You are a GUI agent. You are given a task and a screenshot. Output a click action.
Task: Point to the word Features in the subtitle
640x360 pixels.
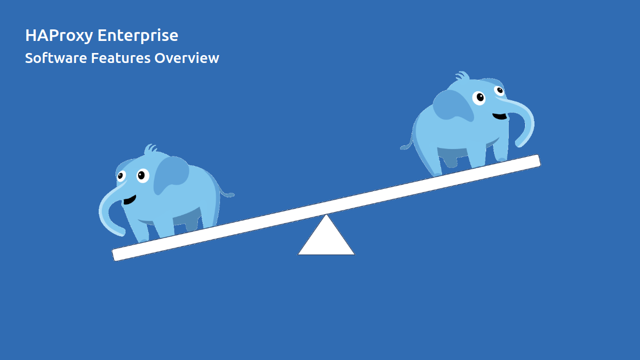[121, 58]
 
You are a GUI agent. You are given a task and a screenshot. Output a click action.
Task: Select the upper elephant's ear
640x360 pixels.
[454, 105]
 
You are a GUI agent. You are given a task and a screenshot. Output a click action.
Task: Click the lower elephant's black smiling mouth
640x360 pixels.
[129, 200]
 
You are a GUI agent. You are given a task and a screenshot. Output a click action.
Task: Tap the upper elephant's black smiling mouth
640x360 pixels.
[500, 116]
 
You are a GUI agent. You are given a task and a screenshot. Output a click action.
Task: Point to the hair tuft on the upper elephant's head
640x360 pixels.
[462, 76]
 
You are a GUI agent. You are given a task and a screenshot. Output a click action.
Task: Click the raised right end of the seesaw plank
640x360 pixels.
[533, 161]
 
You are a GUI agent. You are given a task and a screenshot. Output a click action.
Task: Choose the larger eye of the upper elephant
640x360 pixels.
[479, 98]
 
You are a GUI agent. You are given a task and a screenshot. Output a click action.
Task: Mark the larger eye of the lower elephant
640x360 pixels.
[142, 175]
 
